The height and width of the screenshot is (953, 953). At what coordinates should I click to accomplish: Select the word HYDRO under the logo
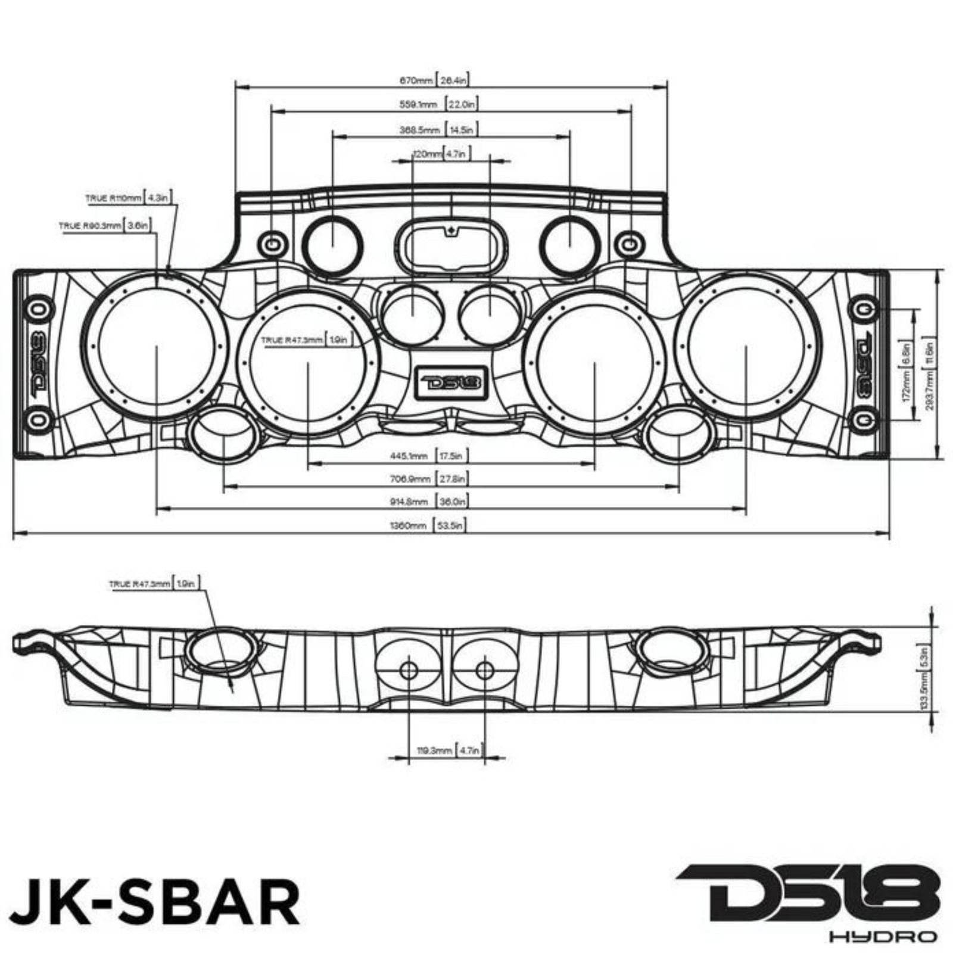[x=883, y=936]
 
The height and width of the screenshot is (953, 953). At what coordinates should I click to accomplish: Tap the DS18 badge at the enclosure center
[x=451, y=381]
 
